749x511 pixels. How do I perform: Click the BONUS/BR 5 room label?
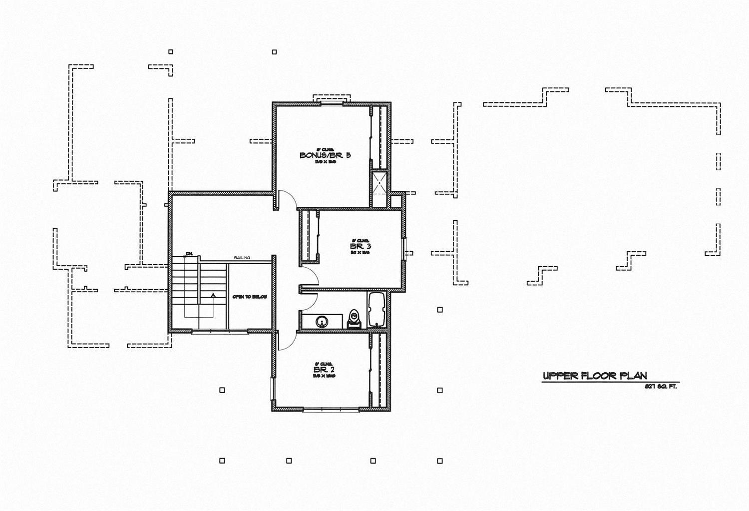[325, 155]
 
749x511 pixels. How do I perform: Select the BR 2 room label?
[324, 370]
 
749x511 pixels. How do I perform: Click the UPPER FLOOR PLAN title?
[595, 376]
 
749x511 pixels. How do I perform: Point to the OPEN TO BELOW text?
[249, 297]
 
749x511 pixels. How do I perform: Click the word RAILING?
[242, 258]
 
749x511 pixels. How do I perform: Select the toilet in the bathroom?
[355, 318]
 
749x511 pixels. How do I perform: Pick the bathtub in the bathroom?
[376, 311]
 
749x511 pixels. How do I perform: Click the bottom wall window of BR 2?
[331, 410]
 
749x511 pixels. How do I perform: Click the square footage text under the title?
[661, 387]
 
